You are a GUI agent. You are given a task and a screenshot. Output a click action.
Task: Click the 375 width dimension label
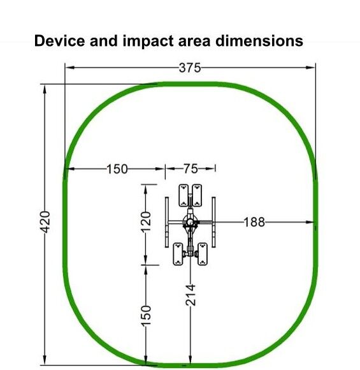coord(189,68)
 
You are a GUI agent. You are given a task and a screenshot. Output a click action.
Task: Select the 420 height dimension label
coord(45,222)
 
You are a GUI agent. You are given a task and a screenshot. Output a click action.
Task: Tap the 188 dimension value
coord(254,222)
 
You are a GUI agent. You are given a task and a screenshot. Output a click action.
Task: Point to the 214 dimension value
coord(191,295)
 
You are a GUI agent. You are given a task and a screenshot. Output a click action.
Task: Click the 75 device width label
coord(191,168)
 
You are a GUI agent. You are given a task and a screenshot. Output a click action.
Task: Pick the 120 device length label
coord(146,222)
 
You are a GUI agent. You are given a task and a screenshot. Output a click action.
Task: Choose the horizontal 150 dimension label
coord(117,169)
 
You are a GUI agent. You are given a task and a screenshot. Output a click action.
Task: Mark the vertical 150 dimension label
coord(146,316)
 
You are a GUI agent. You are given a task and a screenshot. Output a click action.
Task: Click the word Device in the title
coord(59,41)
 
